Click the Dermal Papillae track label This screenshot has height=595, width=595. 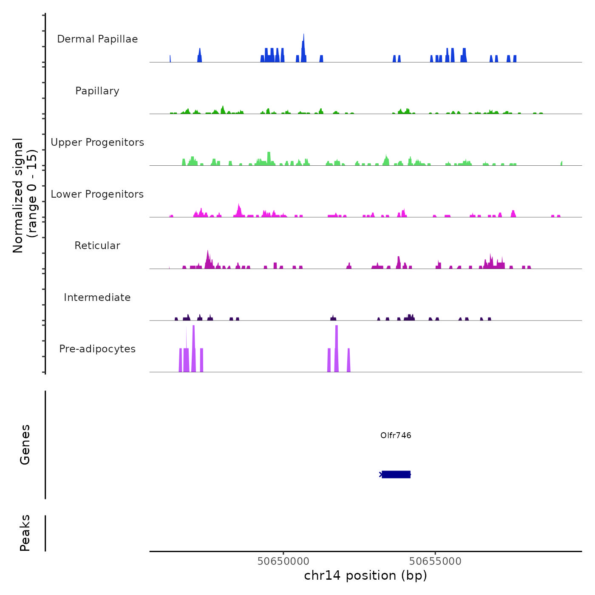97,39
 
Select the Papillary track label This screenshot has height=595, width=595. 97,91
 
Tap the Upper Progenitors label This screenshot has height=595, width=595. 97,142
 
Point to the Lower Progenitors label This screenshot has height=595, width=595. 97,194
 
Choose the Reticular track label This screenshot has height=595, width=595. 97,246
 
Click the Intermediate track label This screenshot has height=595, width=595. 97,297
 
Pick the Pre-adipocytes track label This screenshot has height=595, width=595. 97,349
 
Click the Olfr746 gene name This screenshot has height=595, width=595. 396,435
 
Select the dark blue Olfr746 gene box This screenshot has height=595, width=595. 396,474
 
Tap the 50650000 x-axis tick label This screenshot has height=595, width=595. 283,561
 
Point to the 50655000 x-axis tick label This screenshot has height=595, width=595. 435,561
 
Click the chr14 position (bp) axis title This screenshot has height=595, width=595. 365,575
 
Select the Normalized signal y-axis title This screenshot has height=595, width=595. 25,195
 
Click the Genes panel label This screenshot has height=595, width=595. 25,445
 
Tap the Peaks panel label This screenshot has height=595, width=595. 25,533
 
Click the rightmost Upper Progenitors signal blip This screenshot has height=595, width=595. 561,163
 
